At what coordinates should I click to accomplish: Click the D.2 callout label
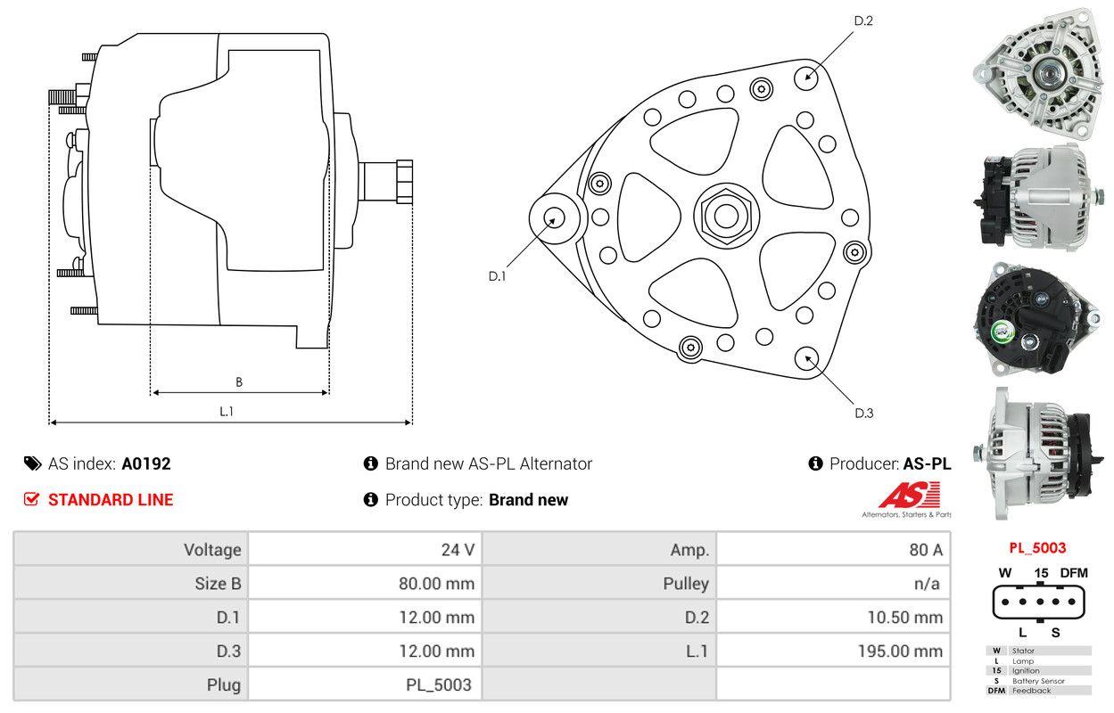point(862,20)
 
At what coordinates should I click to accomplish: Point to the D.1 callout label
point(497,276)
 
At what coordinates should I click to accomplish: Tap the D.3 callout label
point(863,413)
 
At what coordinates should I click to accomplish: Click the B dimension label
point(238,382)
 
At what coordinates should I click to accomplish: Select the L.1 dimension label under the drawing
point(227,411)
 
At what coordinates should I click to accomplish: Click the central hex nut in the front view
point(721,214)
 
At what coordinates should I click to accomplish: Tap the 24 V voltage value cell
point(458,549)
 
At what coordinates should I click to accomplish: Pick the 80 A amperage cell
point(925,549)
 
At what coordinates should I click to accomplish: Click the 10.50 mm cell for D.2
point(904,617)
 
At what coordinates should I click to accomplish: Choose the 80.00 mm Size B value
point(436,584)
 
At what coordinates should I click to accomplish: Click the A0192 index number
point(146,463)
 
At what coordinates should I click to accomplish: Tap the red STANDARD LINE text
point(111,500)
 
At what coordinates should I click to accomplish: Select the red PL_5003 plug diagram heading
point(1037,548)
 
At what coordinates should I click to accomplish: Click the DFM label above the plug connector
point(1073,573)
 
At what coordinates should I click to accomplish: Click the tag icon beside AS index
point(32,463)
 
